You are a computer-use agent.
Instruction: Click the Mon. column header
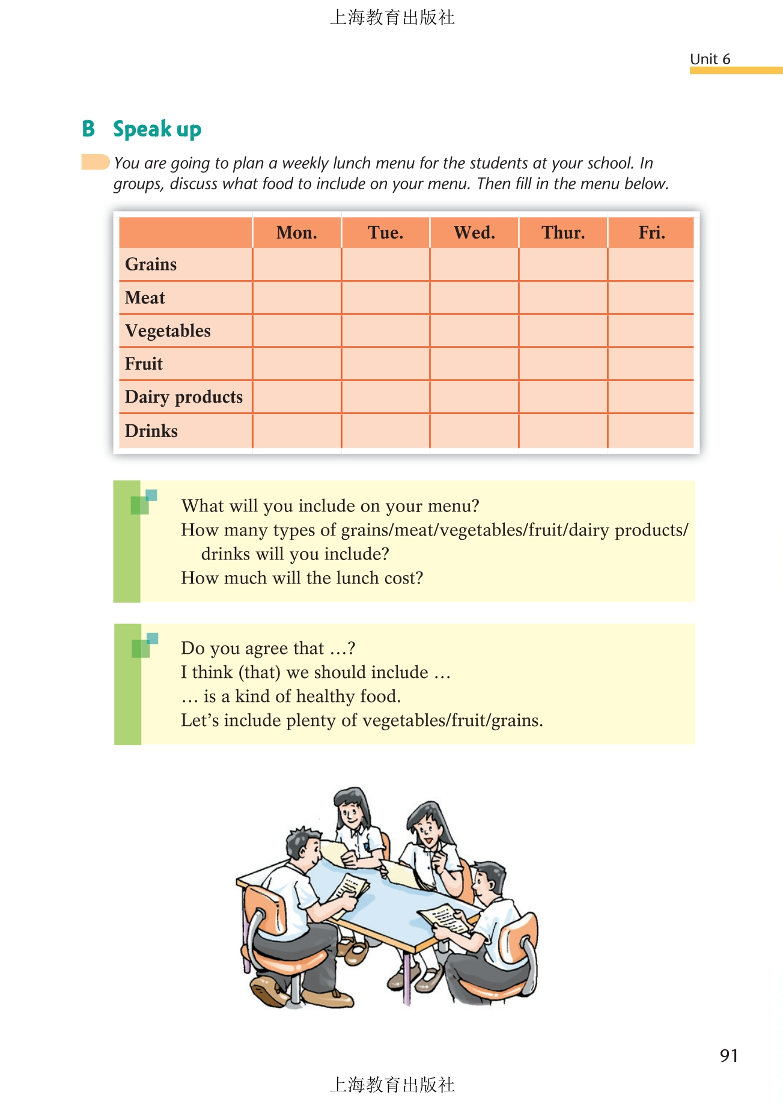296,233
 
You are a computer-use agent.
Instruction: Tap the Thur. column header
563,233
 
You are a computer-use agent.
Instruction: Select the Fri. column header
651,233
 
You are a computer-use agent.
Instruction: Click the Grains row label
151,264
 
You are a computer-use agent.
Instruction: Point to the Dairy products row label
184,397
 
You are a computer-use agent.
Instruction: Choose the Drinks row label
151,431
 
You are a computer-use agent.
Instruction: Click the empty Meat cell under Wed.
474,297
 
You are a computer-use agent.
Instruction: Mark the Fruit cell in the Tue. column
386,364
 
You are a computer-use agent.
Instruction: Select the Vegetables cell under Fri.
651,331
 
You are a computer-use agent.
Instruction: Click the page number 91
728,1055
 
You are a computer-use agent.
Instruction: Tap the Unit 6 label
710,59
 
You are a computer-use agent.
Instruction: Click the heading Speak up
157,129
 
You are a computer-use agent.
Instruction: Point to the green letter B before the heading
88,129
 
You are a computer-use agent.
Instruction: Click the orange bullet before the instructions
95,162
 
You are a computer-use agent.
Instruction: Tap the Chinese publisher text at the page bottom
392,1084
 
